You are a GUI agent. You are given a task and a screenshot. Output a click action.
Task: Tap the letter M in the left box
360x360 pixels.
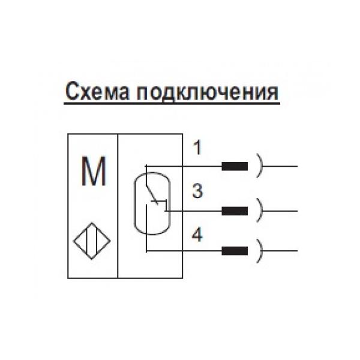click(94, 173)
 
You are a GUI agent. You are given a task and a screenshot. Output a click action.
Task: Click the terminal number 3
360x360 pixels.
click(197, 192)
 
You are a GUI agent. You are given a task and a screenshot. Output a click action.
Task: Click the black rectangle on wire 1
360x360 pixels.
click(235, 166)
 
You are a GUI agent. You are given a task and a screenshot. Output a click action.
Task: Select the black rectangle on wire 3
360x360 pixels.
click(235, 211)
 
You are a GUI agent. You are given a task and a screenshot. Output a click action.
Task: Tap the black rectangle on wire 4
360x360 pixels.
click(235, 250)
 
